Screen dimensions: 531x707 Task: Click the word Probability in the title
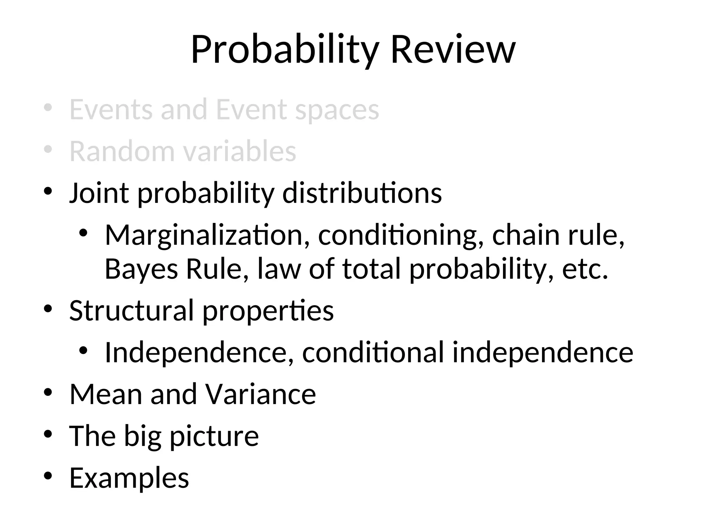pyautogui.click(x=285, y=50)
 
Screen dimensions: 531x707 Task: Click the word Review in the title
pyautogui.click(x=453, y=50)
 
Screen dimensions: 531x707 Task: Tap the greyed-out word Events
pyautogui.click(x=111, y=110)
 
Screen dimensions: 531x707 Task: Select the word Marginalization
pyautogui.click(x=204, y=235)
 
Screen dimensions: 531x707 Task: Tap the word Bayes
pyautogui.click(x=141, y=269)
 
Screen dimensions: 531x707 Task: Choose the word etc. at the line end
pyautogui.click(x=585, y=269)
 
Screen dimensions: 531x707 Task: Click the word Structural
pyautogui.click(x=131, y=310)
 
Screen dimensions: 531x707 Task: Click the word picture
pyautogui.click(x=214, y=436)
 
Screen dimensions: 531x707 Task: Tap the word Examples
pyautogui.click(x=129, y=478)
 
